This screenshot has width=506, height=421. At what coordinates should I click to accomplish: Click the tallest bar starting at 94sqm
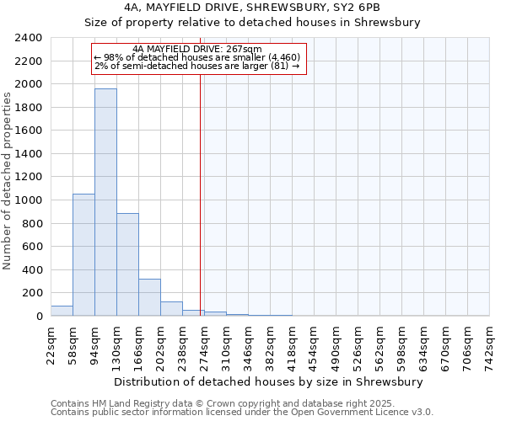[105, 202]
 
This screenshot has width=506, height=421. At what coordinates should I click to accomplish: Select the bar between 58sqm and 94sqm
[83, 254]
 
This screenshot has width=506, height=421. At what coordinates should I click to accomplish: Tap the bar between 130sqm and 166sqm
[127, 264]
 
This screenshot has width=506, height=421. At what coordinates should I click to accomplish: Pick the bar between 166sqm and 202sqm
[149, 297]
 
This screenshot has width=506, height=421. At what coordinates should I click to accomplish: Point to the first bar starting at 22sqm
[62, 312]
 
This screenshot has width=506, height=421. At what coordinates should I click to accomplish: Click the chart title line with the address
[252, 8]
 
